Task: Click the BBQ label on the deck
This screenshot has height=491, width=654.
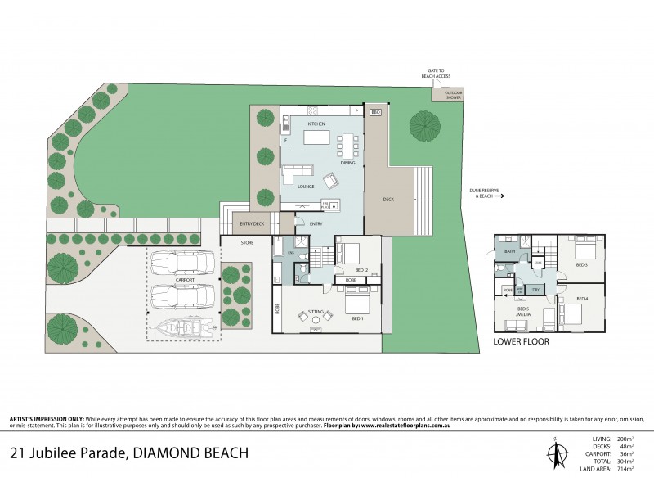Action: click(x=376, y=111)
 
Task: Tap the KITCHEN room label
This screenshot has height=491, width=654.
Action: click(x=316, y=124)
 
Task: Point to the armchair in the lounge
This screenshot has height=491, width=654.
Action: click(x=329, y=181)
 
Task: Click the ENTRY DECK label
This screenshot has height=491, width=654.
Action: click(x=252, y=223)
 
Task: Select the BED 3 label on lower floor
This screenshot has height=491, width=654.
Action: click(x=581, y=265)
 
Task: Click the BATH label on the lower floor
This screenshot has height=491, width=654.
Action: click(x=509, y=251)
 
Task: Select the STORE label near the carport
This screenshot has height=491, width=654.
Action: click(x=248, y=243)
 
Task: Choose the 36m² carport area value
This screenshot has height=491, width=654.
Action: click(x=633, y=453)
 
